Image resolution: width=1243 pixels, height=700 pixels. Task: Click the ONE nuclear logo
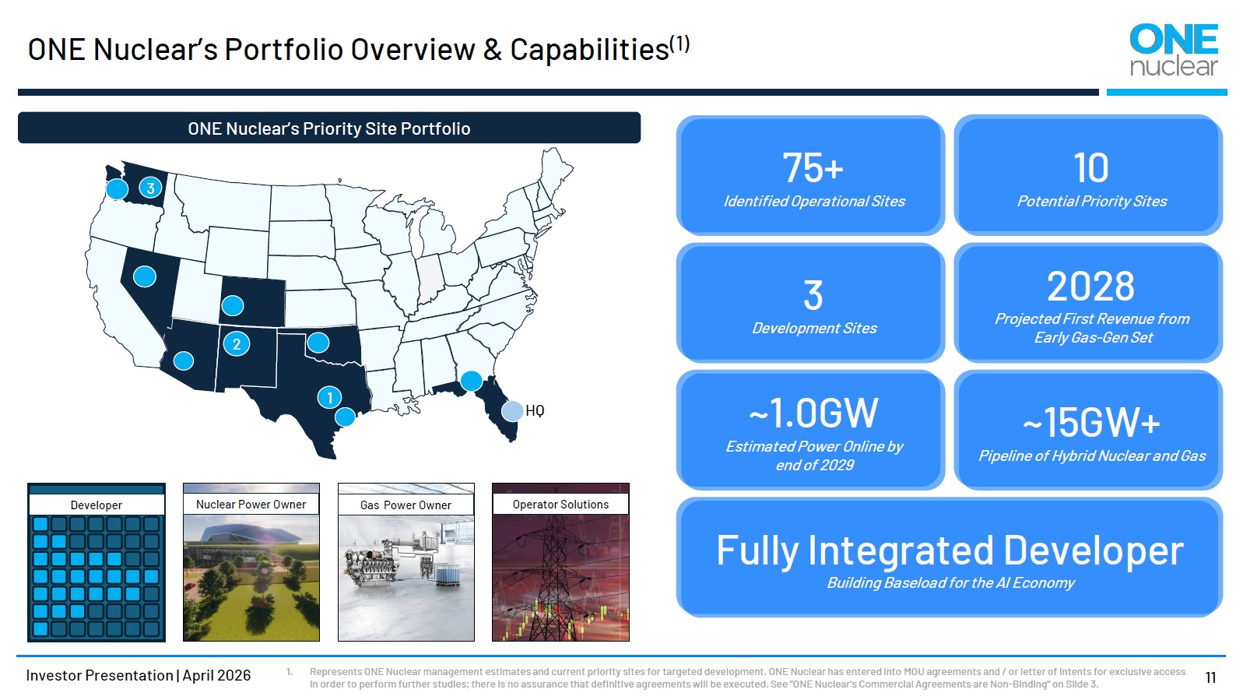pos(1174,49)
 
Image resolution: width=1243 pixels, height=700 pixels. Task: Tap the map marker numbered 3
pos(150,188)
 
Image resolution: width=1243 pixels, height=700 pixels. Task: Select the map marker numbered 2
pos(237,344)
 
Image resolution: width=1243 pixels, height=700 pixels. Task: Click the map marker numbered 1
pos(329,397)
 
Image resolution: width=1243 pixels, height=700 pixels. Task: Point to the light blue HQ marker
pos(512,411)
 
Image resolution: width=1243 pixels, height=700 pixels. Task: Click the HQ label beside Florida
pos(535,411)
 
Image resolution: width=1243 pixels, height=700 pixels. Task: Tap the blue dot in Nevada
pos(145,276)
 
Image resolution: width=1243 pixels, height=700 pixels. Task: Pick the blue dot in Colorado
pos(233,305)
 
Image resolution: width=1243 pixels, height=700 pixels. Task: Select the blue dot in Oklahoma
pos(318,343)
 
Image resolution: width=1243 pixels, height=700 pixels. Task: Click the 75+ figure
pos(813,167)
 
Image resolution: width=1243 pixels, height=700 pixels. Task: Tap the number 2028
pos(1091,287)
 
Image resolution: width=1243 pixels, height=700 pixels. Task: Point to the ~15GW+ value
pos(1091,423)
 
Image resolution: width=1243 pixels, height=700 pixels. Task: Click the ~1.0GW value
pos(813,413)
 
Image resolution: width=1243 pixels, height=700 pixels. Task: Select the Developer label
pos(97,505)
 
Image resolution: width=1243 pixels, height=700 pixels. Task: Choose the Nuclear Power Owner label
pos(251,504)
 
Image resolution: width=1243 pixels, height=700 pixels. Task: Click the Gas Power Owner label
pos(406,505)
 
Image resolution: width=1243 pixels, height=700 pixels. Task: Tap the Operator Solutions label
pos(560,504)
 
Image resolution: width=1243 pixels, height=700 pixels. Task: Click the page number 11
pos(1211,677)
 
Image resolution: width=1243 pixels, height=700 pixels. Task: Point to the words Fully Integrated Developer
pos(950,551)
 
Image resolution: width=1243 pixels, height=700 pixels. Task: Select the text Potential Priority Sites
pos(1092,201)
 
